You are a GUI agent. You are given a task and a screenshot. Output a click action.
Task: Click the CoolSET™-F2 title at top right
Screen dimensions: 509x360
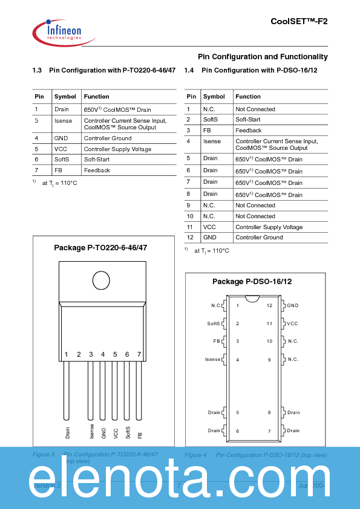click(299, 21)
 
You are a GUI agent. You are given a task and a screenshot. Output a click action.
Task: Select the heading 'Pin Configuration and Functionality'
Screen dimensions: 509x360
click(263, 57)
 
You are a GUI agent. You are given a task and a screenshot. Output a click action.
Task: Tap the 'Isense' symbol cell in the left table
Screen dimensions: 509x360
click(63, 121)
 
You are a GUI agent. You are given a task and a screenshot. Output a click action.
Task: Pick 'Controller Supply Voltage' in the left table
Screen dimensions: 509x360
click(117, 149)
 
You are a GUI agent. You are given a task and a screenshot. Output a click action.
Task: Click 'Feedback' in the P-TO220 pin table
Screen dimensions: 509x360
click(97, 170)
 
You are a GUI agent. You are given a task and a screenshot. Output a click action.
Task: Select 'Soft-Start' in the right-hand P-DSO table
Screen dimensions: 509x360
click(248, 120)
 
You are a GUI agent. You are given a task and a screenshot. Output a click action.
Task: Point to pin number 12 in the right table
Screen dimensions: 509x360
click(190, 238)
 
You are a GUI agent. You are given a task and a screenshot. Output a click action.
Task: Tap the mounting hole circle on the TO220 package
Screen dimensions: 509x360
click(101, 280)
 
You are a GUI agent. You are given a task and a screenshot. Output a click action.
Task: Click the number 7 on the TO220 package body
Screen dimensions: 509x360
click(139, 354)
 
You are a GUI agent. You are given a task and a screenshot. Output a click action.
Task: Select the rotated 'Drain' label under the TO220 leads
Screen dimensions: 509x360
click(67, 432)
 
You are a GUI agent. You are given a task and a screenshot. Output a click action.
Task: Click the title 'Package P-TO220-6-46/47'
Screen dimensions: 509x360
click(100, 248)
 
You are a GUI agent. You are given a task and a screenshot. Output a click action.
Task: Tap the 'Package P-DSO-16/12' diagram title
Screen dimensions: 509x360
click(252, 282)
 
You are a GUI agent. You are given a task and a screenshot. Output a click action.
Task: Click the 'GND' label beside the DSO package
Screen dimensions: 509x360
click(293, 306)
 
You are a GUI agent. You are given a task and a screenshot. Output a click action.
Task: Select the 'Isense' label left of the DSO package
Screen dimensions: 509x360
click(213, 360)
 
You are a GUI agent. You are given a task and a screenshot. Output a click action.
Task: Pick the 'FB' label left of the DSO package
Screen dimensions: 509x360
click(216, 342)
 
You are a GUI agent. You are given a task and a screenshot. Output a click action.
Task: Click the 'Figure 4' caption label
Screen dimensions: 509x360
click(196, 455)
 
